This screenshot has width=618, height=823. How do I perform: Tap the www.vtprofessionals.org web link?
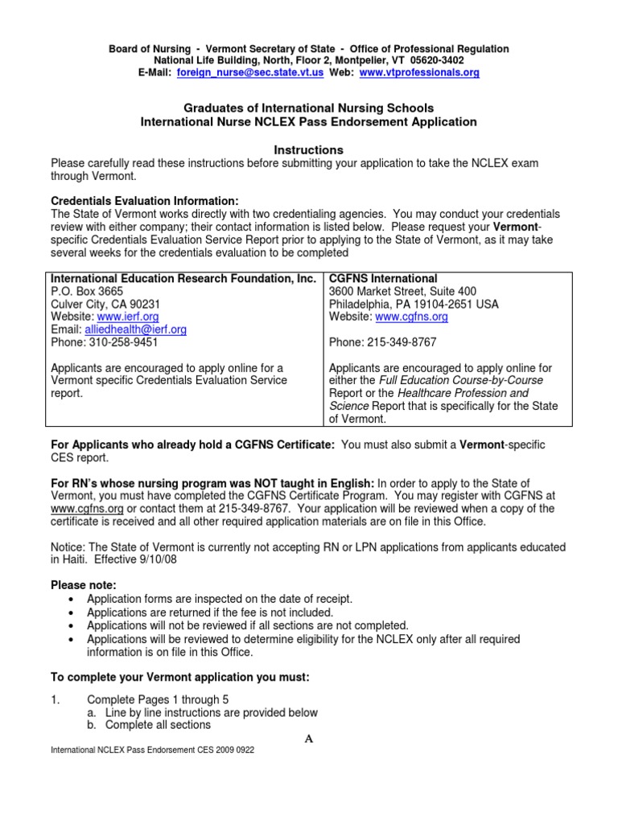(x=418, y=72)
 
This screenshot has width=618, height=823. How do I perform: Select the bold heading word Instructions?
(x=308, y=150)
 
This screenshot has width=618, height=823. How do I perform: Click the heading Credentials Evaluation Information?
(x=145, y=201)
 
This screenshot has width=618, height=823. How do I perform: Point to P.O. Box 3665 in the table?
(x=88, y=292)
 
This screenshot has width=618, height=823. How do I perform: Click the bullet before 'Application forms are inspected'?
(x=73, y=600)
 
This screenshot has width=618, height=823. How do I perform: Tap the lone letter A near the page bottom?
(x=308, y=739)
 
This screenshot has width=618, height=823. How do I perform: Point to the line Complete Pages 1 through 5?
(x=158, y=700)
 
